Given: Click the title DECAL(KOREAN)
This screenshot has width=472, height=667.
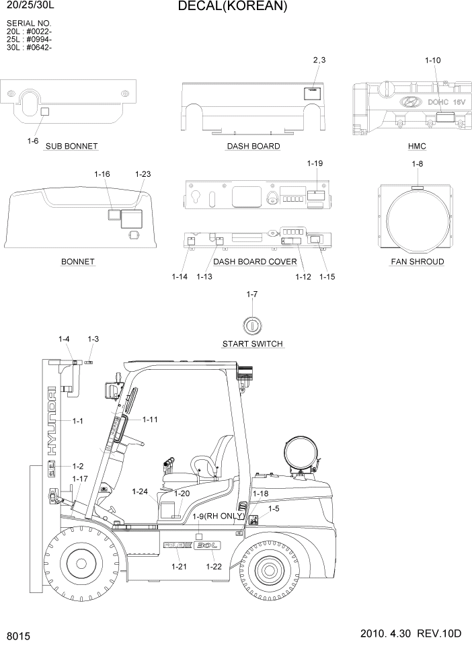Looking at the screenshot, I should (233, 7).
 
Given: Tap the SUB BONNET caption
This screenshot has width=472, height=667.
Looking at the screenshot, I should (71, 146).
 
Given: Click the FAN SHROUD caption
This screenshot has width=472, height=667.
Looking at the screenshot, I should (417, 262).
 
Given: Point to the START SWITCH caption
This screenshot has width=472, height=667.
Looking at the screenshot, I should (253, 344).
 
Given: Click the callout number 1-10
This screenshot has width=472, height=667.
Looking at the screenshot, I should (432, 61).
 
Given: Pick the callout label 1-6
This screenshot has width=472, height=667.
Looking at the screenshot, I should (32, 141).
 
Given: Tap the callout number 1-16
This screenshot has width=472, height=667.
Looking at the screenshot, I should (102, 174).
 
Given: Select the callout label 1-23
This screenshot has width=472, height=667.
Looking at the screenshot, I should (143, 174).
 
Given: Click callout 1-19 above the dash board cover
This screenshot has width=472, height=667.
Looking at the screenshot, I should (315, 163).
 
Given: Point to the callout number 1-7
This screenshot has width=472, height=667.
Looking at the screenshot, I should (252, 295).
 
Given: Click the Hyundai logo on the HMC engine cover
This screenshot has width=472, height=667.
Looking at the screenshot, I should (409, 102).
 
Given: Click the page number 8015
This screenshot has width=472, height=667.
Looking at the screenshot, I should (18, 635).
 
